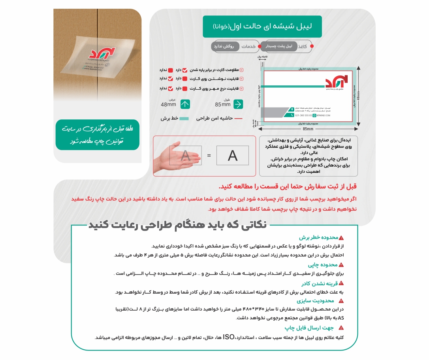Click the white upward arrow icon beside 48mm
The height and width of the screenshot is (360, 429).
pyautogui.click(x=185, y=104)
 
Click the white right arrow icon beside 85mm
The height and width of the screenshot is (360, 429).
pyautogui.click(x=238, y=104)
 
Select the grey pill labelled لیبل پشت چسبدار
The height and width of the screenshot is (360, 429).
pyautogui.click(x=278, y=46)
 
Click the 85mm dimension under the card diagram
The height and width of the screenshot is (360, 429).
pyautogui.click(x=308, y=129)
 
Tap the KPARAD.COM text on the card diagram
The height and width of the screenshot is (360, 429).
pyautogui.click(x=324, y=115)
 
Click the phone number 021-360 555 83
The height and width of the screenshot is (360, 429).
pyautogui.click(x=303, y=115)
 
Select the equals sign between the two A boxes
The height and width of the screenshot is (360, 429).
pyautogui.click(x=209, y=155)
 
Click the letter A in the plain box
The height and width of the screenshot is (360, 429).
pyautogui.click(x=233, y=156)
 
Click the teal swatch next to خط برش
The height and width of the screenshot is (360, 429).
pyautogui.click(x=185, y=118)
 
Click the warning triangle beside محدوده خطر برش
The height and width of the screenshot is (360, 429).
pyautogui.click(x=341, y=238)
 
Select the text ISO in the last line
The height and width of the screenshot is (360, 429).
pyautogui.click(x=229, y=337)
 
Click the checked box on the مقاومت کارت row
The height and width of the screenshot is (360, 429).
pyautogui.click(x=185, y=70)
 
